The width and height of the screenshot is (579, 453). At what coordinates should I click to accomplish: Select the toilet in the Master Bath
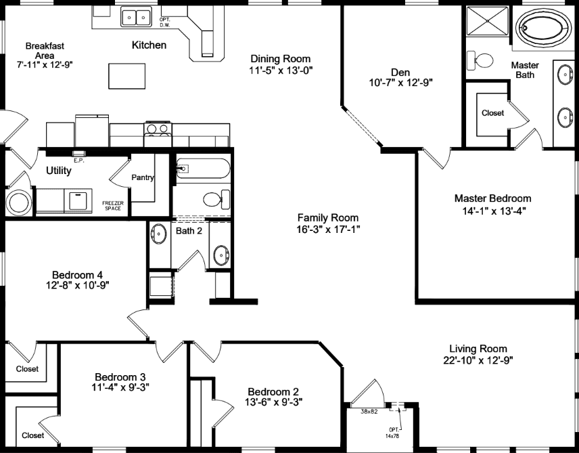(x=484, y=61)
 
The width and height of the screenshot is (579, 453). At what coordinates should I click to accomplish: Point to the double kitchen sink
(x=137, y=16)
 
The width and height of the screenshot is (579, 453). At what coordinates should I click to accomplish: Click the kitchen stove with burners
(x=158, y=129)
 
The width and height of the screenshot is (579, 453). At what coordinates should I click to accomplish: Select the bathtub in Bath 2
(x=203, y=168)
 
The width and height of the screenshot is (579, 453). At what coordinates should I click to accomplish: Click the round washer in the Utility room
(x=18, y=202)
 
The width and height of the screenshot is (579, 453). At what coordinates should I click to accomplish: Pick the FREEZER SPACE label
(x=113, y=205)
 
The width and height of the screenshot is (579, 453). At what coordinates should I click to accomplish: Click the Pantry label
(x=143, y=178)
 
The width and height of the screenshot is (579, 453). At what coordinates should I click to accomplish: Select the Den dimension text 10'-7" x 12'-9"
(x=401, y=83)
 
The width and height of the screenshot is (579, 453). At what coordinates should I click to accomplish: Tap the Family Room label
(x=328, y=217)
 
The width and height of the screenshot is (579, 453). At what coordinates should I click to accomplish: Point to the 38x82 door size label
(x=368, y=411)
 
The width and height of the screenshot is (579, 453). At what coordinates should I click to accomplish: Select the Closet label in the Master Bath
(x=492, y=113)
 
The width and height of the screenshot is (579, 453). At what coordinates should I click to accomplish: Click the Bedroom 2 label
(x=273, y=391)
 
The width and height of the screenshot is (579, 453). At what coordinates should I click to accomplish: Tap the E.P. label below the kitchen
(x=78, y=160)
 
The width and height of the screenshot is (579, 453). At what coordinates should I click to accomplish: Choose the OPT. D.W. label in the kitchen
(x=164, y=23)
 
